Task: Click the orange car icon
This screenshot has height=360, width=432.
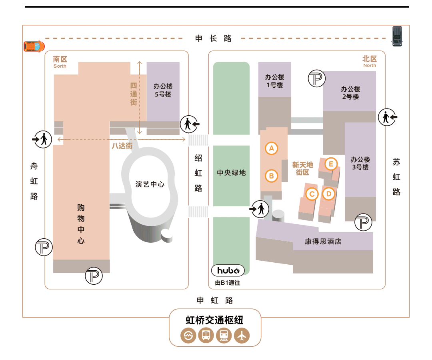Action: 34,46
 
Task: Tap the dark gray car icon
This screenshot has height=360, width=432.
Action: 397,36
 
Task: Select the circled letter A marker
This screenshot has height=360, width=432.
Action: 271,148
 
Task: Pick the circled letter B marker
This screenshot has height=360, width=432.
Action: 271,175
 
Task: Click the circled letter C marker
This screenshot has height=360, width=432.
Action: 312,194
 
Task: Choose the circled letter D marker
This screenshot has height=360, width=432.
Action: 328,194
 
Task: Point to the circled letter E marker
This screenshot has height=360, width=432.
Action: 331,164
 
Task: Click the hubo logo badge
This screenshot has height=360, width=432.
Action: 228,271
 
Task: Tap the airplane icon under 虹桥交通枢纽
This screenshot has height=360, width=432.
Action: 242,336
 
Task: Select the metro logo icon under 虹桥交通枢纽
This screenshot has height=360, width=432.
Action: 188,336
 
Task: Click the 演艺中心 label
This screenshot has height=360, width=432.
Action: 150,184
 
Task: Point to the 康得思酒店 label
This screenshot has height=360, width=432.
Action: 323,241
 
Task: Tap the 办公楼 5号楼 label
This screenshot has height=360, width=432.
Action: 163,91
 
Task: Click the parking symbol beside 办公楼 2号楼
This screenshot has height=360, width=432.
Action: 317,78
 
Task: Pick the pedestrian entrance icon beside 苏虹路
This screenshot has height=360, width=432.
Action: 387,117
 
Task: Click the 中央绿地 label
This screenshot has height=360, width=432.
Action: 231,173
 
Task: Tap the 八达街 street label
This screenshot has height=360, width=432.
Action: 122,146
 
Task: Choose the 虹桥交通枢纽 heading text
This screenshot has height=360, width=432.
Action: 214,320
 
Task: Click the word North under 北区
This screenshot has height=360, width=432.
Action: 370,65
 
